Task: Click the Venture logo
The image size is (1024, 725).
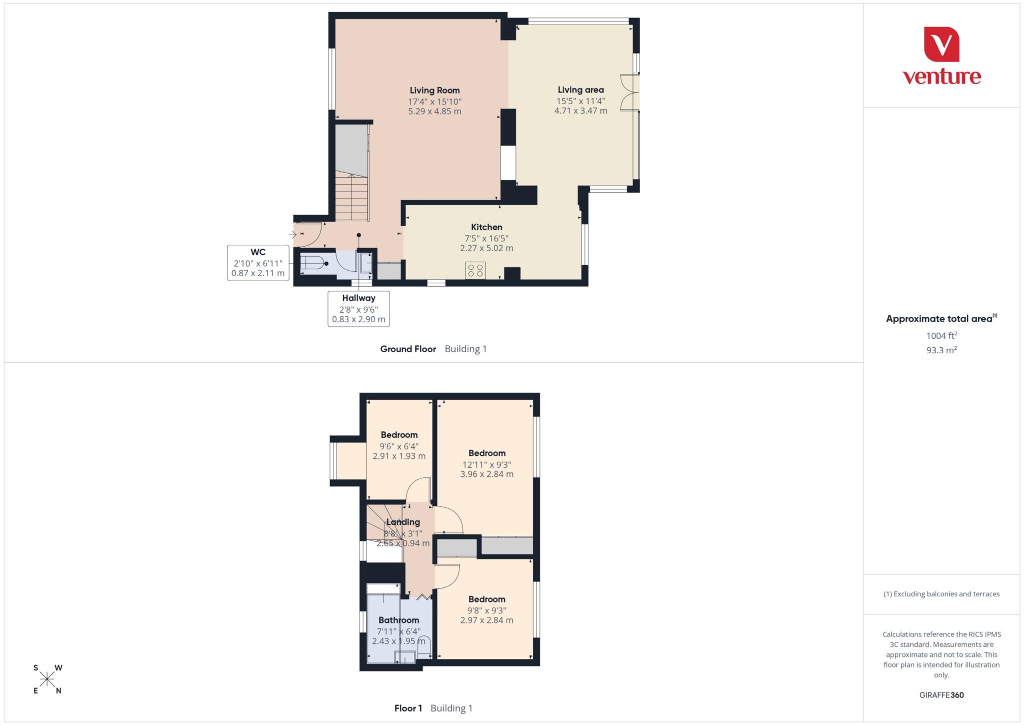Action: pyautogui.click(x=941, y=56)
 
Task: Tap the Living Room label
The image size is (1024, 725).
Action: pyautogui.click(x=434, y=91)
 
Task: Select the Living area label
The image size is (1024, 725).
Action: pyautogui.click(x=580, y=90)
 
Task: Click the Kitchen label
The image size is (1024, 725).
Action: pyautogui.click(x=486, y=227)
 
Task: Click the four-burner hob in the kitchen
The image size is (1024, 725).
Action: pyautogui.click(x=475, y=271)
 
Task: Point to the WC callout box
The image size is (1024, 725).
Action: pyautogui.click(x=258, y=263)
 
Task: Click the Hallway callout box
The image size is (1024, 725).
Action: pyautogui.click(x=358, y=309)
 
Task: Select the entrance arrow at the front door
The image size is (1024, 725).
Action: pyautogui.click(x=292, y=234)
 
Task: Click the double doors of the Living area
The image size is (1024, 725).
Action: pyautogui.click(x=629, y=92)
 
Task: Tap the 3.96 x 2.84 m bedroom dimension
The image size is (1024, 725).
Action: pyautogui.click(x=486, y=474)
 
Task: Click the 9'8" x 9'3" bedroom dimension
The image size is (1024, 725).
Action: pyautogui.click(x=486, y=610)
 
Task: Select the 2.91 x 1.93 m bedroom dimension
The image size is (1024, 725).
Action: pyautogui.click(x=399, y=456)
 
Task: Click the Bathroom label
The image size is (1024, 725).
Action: pyautogui.click(x=398, y=620)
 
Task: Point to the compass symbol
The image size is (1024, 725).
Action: pyautogui.click(x=47, y=679)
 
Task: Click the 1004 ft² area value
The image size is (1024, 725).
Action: pyautogui.click(x=941, y=336)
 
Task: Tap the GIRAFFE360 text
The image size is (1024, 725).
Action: pyautogui.click(x=941, y=695)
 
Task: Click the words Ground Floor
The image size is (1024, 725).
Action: pyautogui.click(x=408, y=349)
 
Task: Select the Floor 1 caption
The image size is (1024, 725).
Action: pyautogui.click(x=408, y=708)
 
